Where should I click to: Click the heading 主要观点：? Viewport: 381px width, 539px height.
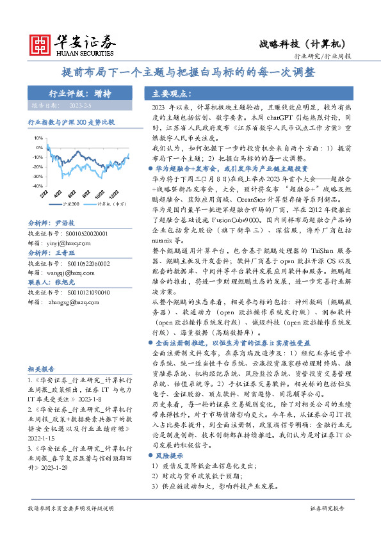coord(169,93)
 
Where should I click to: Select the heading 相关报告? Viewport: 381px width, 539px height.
coord(42,369)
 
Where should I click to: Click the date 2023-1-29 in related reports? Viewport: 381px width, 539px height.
coord(61,469)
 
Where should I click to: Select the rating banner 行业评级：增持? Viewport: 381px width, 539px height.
coord(80,93)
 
